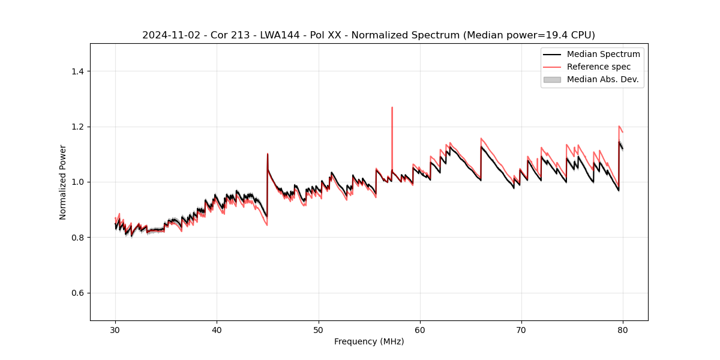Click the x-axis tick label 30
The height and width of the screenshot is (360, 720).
(x=115, y=330)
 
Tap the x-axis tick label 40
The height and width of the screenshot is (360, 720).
(x=217, y=330)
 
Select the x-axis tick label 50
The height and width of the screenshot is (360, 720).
(x=319, y=330)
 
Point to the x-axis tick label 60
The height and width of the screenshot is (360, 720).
(x=420, y=330)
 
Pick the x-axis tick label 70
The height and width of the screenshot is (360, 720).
(x=521, y=330)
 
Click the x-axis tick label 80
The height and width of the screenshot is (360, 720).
(x=623, y=330)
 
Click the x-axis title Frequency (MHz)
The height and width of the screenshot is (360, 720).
(x=369, y=341)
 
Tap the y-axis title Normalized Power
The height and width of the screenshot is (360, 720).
(x=63, y=182)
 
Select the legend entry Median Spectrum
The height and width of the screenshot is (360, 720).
(x=603, y=55)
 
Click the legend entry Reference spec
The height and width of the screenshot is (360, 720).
(x=599, y=67)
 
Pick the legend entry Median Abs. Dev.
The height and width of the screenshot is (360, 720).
(x=602, y=79)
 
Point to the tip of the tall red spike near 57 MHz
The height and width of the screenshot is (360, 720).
(x=392, y=107)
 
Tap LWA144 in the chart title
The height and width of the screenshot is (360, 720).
(x=281, y=35)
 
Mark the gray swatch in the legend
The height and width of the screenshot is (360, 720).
(x=552, y=79)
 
